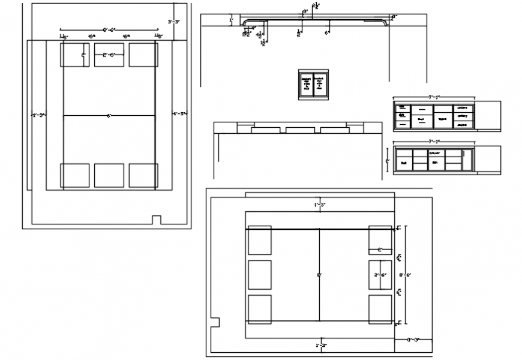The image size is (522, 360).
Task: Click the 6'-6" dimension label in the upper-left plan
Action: (x=109, y=29)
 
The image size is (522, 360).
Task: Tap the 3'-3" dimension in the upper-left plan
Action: (x=174, y=22)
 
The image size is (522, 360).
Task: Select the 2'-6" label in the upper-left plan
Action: (x=109, y=55)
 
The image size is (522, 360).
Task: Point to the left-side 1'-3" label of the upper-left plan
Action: (x=38, y=113)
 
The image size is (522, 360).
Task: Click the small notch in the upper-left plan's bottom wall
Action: (x=157, y=220)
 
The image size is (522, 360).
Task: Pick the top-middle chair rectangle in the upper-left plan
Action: (x=109, y=55)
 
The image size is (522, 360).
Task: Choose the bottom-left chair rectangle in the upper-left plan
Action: (x=74, y=176)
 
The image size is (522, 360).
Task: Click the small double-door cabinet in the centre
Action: (x=314, y=85)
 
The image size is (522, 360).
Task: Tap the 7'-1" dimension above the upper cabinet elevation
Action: (x=434, y=97)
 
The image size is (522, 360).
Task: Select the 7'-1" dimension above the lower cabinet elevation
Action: (x=434, y=141)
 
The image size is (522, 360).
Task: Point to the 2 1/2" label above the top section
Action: (x=316, y=5)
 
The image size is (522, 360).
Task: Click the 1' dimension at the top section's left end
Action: (x=231, y=20)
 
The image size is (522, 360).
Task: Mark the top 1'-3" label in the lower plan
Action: (x=320, y=205)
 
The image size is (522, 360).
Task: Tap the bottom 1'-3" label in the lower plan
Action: (x=320, y=345)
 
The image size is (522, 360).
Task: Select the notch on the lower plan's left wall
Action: (x=215, y=322)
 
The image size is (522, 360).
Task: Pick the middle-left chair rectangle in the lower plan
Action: (x=259, y=275)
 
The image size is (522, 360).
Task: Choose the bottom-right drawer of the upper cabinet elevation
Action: (x=461, y=124)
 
